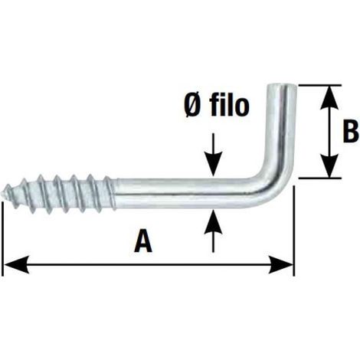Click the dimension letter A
pyautogui.click(x=143, y=241)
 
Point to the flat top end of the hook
pyautogui.click(x=282, y=85)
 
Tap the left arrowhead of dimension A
pyautogui.click(x=16, y=265)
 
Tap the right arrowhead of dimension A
pyautogui.click(x=280, y=265)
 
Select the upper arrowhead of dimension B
pyautogui.click(x=329, y=97)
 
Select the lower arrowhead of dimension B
pyautogui.click(x=329, y=165)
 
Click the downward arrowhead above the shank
pyautogui.click(x=213, y=165)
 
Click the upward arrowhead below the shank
pyautogui.click(x=213, y=222)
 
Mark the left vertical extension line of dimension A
pyautogui.click(x=2, y=240)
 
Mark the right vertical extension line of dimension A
pyautogui.click(x=294, y=231)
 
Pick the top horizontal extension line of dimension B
pyautogui.click(x=319, y=85)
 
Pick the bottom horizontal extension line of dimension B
pyautogui.click(x=319, y=178)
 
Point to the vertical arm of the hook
pyautogui.click(x=282, y=128)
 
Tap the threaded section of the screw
pyautogui.click(x=60, y=193)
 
